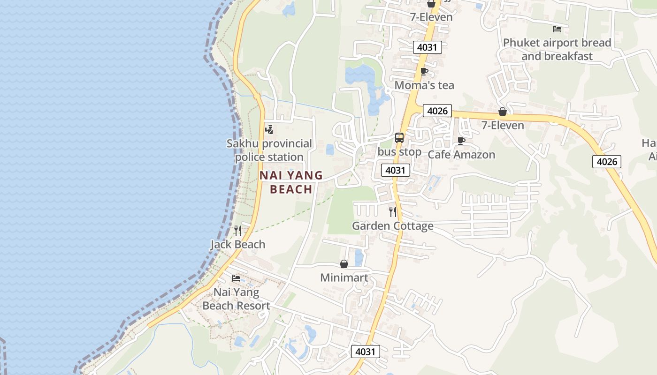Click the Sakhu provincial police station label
(269, 150)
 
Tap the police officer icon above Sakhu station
(269, 129)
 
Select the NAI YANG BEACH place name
(291, 182)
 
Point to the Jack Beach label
(238, 244)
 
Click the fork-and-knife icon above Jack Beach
(238, 230)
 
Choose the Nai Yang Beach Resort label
(236, 299)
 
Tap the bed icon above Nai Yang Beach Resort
(236, 278)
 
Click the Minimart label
(344, 277)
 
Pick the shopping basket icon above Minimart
(344, 264)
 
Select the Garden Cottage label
(393, 226)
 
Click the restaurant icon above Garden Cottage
(393, 212)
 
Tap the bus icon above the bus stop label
(399, 138)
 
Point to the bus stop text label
(399, 152)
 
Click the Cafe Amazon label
(461, 155)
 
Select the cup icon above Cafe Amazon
(461, 141)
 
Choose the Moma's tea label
(424, 85)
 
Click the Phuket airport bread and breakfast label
(557, 49)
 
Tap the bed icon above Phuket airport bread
(557, 29)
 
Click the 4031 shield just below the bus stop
(395, 170)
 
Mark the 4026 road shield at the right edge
(607, 162)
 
